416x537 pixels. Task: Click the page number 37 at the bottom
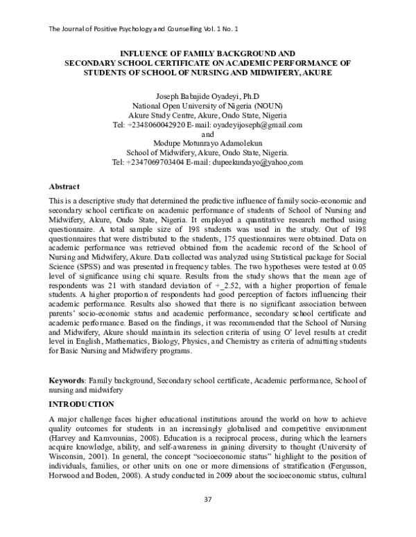[x=207, y=518]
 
